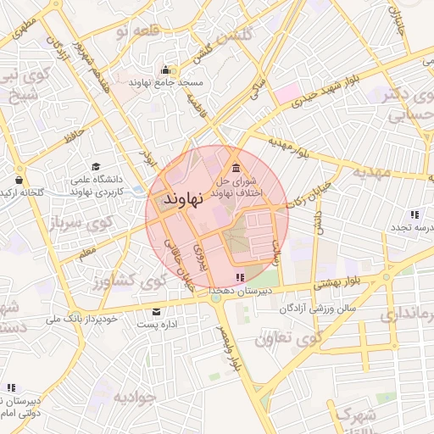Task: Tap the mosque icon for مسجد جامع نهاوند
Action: (x=165, y=70)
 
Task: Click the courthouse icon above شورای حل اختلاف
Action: (x=236, y=166)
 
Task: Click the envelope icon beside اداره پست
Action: (x=155, y=312)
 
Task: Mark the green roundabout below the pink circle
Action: (x=218, y=298)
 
